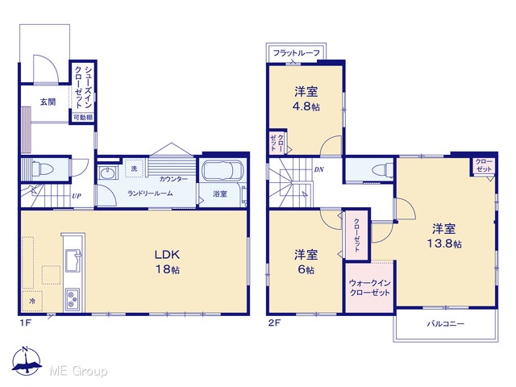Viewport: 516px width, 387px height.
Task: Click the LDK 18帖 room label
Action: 168,262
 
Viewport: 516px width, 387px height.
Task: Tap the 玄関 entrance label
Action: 48,102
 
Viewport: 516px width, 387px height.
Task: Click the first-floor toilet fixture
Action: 42,169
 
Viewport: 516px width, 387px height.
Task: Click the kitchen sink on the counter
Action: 73,260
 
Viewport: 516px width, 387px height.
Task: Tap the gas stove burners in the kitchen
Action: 73,299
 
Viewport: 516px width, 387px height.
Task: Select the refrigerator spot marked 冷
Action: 32,301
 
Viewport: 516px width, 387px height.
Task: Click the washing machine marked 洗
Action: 134,169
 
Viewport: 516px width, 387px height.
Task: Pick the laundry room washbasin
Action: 107,173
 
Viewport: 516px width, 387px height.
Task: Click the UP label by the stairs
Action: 77,196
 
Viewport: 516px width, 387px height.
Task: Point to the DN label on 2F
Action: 319,170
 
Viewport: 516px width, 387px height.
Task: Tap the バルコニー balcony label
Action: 446,324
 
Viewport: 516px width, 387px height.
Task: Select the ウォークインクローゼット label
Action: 369,288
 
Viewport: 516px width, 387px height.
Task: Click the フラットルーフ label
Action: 297,52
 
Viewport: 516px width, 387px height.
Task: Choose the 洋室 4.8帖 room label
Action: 306,98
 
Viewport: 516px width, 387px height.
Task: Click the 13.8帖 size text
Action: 444,243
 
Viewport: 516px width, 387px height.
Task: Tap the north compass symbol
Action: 27,360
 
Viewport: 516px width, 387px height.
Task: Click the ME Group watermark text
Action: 78,371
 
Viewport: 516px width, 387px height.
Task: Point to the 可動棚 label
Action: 83,117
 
